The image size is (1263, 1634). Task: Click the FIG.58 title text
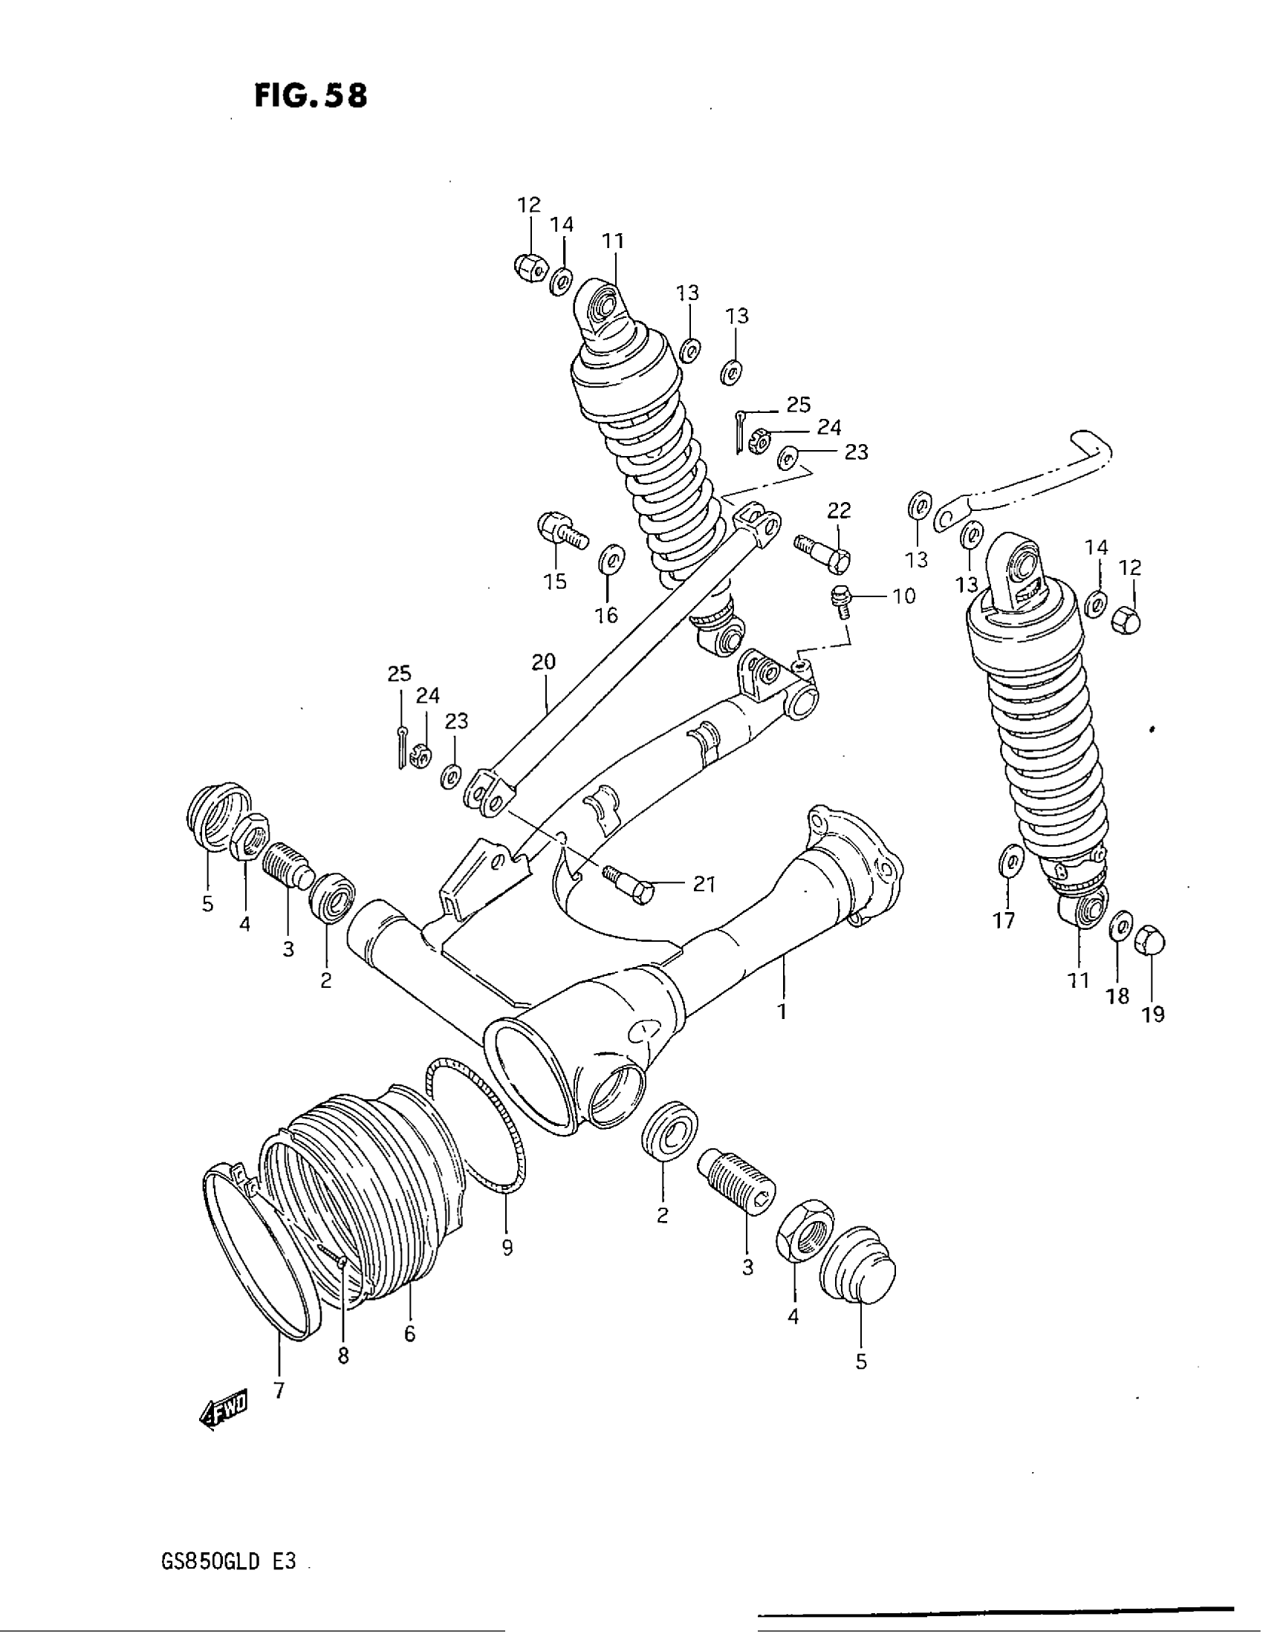click(x=311, y=96)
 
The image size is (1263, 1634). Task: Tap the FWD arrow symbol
click(x=223, y=1410)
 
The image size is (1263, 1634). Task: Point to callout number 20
click(x=544, y=663)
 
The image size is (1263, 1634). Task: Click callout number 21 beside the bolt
click(x=704, y=885)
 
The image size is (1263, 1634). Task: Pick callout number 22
click(x=839, y=511)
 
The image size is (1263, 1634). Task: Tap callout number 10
click(x=904, y=596)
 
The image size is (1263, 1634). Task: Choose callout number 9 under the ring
click(x=507, y=1248)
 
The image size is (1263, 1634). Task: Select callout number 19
click(x=1153, y=1015)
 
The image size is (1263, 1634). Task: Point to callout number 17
click(x=1004, y=920)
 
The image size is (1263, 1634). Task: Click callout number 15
click(x=555, y=582)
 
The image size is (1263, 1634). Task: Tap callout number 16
click(x=606, y=614)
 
